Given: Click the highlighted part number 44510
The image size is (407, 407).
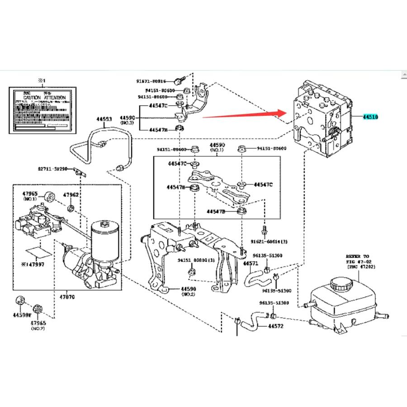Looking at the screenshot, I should click(369, 117).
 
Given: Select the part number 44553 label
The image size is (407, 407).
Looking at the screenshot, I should click(104, 119).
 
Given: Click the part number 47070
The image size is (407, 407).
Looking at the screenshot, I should click(66, 297).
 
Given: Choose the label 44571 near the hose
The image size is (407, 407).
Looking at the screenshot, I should click(251, 263).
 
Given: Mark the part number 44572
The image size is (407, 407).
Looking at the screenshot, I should click(275, 326).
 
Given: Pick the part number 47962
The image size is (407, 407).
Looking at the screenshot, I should click(71, 195).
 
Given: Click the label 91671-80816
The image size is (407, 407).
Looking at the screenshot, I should click(151, 81).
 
